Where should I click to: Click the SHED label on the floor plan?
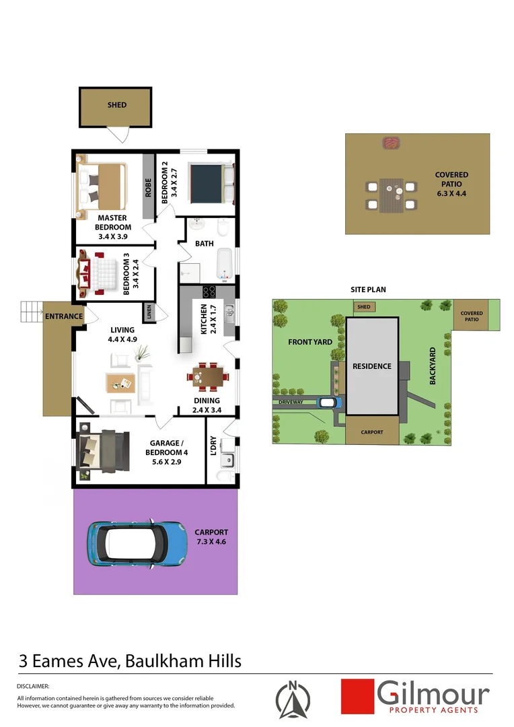coord(117,105)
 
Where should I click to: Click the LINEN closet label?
coord(148,312)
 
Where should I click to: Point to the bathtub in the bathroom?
coord(226,263)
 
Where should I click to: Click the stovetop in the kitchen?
coord(209,293)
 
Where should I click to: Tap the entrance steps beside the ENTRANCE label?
coord(31,311)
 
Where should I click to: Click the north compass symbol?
coord(293,698)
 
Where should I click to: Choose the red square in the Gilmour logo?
coord(357,696)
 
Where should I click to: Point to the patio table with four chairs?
coord(391,195)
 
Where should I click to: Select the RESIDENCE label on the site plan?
coord(372,366)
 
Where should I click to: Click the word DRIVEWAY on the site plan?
coord(293,403)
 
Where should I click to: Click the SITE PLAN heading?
coord(368,289)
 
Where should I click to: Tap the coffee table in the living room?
coord(120,382)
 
